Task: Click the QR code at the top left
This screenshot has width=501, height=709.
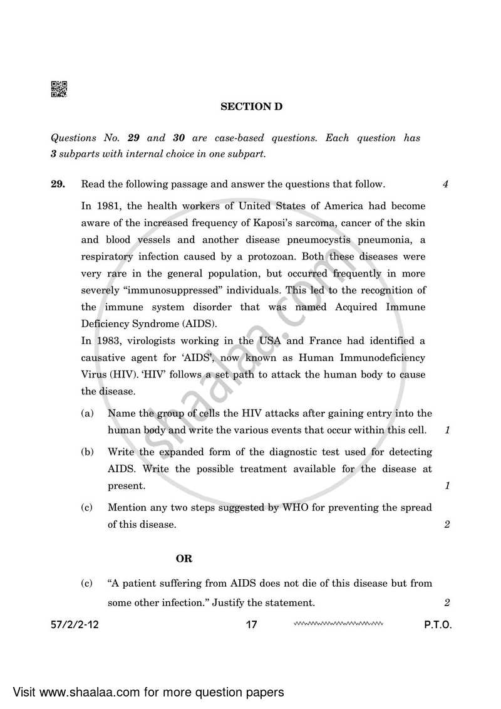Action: coord(58,90)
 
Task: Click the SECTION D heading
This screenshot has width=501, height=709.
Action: coord(251,107)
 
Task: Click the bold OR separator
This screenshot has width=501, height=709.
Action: coord(184,558)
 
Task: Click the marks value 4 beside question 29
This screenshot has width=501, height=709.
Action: coord(445,184)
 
